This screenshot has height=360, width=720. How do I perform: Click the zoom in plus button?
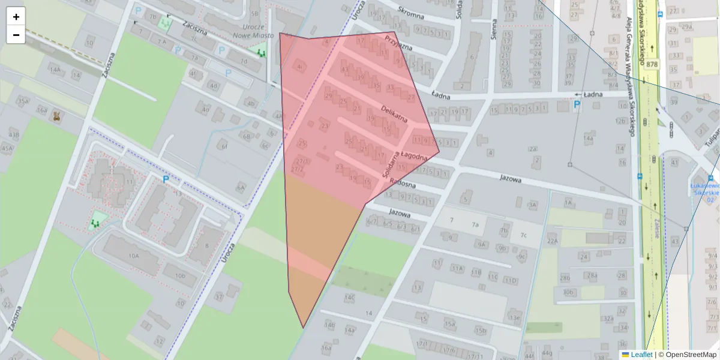16,17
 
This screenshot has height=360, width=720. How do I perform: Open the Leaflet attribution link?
641,355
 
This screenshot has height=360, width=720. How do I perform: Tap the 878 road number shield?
652,64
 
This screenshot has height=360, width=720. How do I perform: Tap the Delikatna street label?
394,112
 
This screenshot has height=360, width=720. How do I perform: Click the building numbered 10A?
133,256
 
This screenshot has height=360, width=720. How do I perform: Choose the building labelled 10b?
180,276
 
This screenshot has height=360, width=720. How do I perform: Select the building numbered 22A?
553,241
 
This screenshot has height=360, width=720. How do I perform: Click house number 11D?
511,280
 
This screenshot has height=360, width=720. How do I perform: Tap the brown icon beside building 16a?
58,115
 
